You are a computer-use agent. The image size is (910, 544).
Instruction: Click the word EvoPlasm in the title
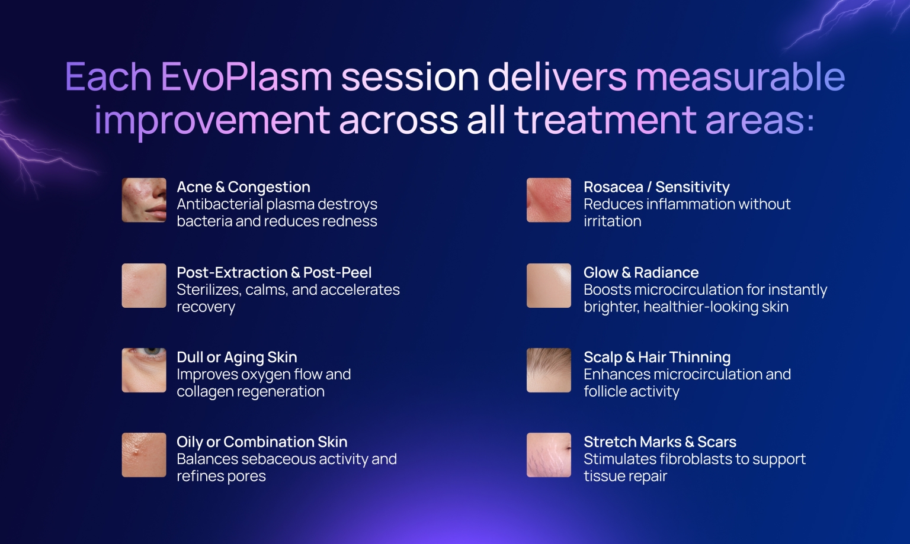click(x=246, y=78)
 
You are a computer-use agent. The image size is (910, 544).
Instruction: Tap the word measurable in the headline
click(x=740, y=78)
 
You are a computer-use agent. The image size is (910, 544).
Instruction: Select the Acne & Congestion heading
click(x=243, y=187)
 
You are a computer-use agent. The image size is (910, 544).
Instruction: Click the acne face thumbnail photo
click(x=144, y=200)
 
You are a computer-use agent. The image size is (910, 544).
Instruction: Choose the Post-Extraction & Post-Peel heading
click(x=274, y=272)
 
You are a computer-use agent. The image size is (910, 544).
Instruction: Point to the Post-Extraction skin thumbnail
click(x=144, y=285)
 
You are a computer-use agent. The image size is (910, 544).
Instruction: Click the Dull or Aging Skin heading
click(x=236, y=358)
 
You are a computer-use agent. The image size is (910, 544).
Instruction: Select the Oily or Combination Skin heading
click(x=262, y=442)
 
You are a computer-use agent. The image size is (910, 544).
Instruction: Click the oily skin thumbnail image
click(x=144, y=455)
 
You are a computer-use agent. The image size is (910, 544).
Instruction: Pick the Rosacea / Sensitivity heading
click(x=656, y=187)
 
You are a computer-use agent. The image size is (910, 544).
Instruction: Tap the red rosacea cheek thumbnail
click(x=549, y=200)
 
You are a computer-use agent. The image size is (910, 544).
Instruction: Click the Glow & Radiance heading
click(x=641, y=272)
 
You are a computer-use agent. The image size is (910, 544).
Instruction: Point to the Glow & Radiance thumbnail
click(x=549, y=285)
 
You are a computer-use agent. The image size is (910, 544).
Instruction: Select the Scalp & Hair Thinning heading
click(x=657, y=358)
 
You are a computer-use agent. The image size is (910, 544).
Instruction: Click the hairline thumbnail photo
click(x=549, y=370)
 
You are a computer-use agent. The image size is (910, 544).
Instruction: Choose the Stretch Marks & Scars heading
click(x=660, y=442)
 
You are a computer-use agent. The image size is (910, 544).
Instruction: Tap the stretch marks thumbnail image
click(x=549, y=455)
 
